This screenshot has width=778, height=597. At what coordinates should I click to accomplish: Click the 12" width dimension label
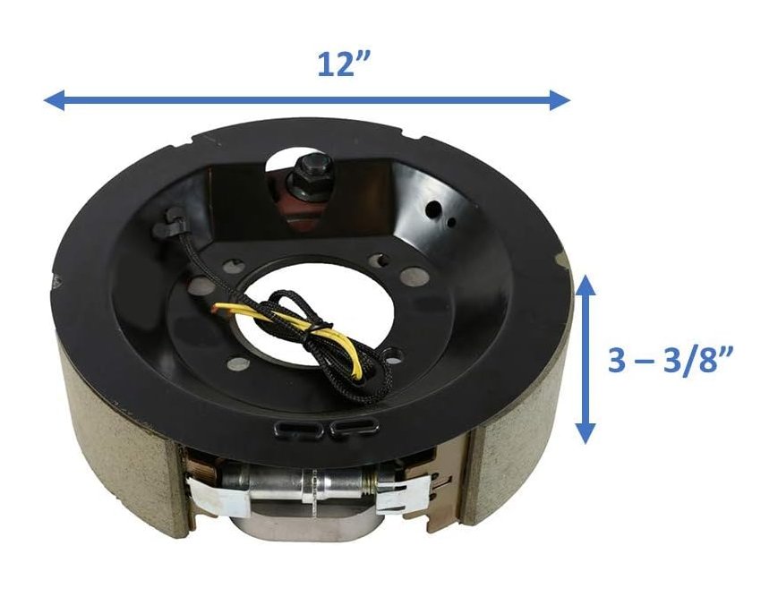[344, 64]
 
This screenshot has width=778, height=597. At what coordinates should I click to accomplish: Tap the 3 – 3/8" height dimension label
[671, 360]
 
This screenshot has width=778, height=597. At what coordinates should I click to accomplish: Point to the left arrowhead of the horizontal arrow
[54, 100]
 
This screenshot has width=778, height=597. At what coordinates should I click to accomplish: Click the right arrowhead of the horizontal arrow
[560, 100]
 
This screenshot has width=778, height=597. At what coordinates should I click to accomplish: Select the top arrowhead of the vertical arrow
[586, 286]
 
